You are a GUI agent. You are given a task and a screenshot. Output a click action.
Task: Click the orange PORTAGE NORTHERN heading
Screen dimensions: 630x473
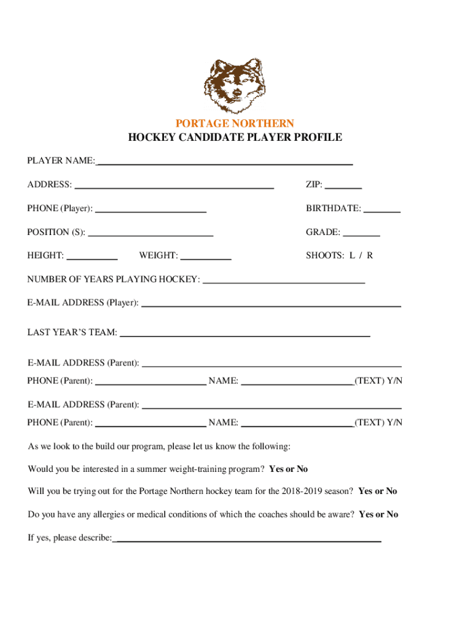235,124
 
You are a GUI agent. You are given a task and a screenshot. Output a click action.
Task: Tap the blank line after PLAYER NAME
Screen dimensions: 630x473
224,162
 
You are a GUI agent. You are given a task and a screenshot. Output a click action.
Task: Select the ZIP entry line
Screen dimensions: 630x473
343,186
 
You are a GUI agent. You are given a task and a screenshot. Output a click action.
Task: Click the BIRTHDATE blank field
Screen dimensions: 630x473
381,210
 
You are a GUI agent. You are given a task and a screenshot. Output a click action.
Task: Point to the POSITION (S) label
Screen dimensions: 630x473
56,233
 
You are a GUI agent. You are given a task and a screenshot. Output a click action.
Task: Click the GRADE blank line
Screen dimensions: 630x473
361,234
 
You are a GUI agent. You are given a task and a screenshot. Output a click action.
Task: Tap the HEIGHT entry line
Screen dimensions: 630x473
92,257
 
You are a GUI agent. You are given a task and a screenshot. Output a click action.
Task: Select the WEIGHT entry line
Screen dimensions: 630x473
206,257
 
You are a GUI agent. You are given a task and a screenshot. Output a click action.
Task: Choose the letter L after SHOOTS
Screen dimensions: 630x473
353,255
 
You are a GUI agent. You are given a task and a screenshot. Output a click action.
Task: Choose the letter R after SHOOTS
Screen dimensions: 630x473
370,255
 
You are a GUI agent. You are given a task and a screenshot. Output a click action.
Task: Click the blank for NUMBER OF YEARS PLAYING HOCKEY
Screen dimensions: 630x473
283,281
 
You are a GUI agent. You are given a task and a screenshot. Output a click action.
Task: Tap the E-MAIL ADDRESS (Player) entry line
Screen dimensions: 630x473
271,304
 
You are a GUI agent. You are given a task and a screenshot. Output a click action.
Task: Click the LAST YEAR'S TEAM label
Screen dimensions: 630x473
72,333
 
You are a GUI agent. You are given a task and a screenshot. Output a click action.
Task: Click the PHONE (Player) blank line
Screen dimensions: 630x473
150,210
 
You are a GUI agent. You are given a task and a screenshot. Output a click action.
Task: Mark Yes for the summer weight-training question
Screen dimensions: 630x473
276,469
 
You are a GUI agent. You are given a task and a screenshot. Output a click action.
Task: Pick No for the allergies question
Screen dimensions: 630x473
391,514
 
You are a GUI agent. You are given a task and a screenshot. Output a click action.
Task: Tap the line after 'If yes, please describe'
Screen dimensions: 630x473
247,540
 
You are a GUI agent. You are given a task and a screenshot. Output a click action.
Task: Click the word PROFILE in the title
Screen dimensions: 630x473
319,138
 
